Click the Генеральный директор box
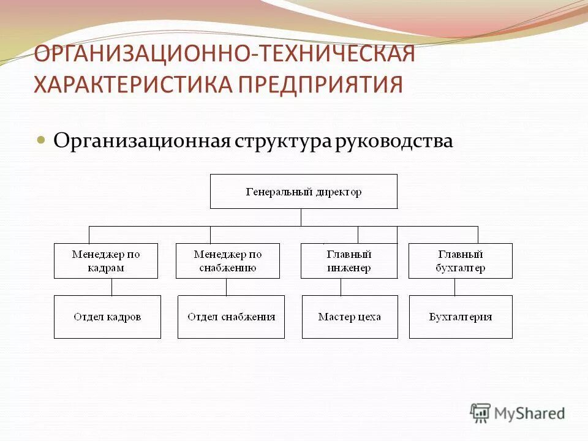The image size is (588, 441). (304, 192)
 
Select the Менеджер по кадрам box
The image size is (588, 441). (106, 261)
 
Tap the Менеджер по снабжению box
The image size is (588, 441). (228, 261)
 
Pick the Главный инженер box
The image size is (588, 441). (349, 261)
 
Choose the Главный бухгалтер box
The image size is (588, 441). (461, 261)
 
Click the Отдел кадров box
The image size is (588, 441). (107, 317)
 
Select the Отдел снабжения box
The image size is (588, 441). (231, 317)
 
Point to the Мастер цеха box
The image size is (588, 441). (350, 317)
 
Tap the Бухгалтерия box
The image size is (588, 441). (461, 317)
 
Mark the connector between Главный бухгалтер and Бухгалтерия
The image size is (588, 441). (454, 287)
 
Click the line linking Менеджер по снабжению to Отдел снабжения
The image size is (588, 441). (226, 287)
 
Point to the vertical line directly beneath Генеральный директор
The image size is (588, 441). (301, 217)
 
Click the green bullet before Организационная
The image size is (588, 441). (42, 140)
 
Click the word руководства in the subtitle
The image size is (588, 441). (394, 141)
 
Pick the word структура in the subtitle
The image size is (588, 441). (282, 141)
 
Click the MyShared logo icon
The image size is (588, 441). (481, 413)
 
